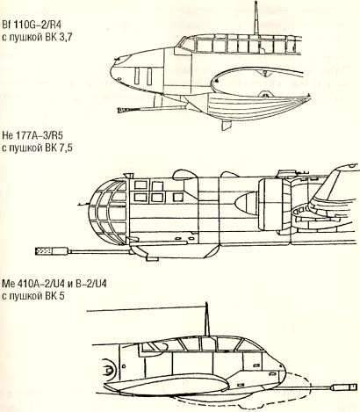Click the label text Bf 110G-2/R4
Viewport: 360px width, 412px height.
(32, 25)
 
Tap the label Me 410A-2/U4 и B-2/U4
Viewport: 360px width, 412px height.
(54, 284)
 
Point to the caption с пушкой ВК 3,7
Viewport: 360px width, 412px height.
(37, 38)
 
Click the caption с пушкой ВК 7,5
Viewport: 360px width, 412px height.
(37, 148)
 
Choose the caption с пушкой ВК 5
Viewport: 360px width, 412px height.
(32, 296)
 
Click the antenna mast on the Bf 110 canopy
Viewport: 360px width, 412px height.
(256, 18)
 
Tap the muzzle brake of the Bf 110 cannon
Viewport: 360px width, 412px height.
(124, 110)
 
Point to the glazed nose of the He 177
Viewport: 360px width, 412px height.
(108, 213)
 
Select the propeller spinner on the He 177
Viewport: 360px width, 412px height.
(245, 206)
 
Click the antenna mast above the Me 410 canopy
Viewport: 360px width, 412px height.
(207, 319)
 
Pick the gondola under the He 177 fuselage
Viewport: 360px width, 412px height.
(174, 252)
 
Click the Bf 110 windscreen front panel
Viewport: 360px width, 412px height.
(185, 44)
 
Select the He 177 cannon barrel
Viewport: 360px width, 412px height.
(99, 251)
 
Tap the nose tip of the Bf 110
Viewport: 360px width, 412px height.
(112, 69)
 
